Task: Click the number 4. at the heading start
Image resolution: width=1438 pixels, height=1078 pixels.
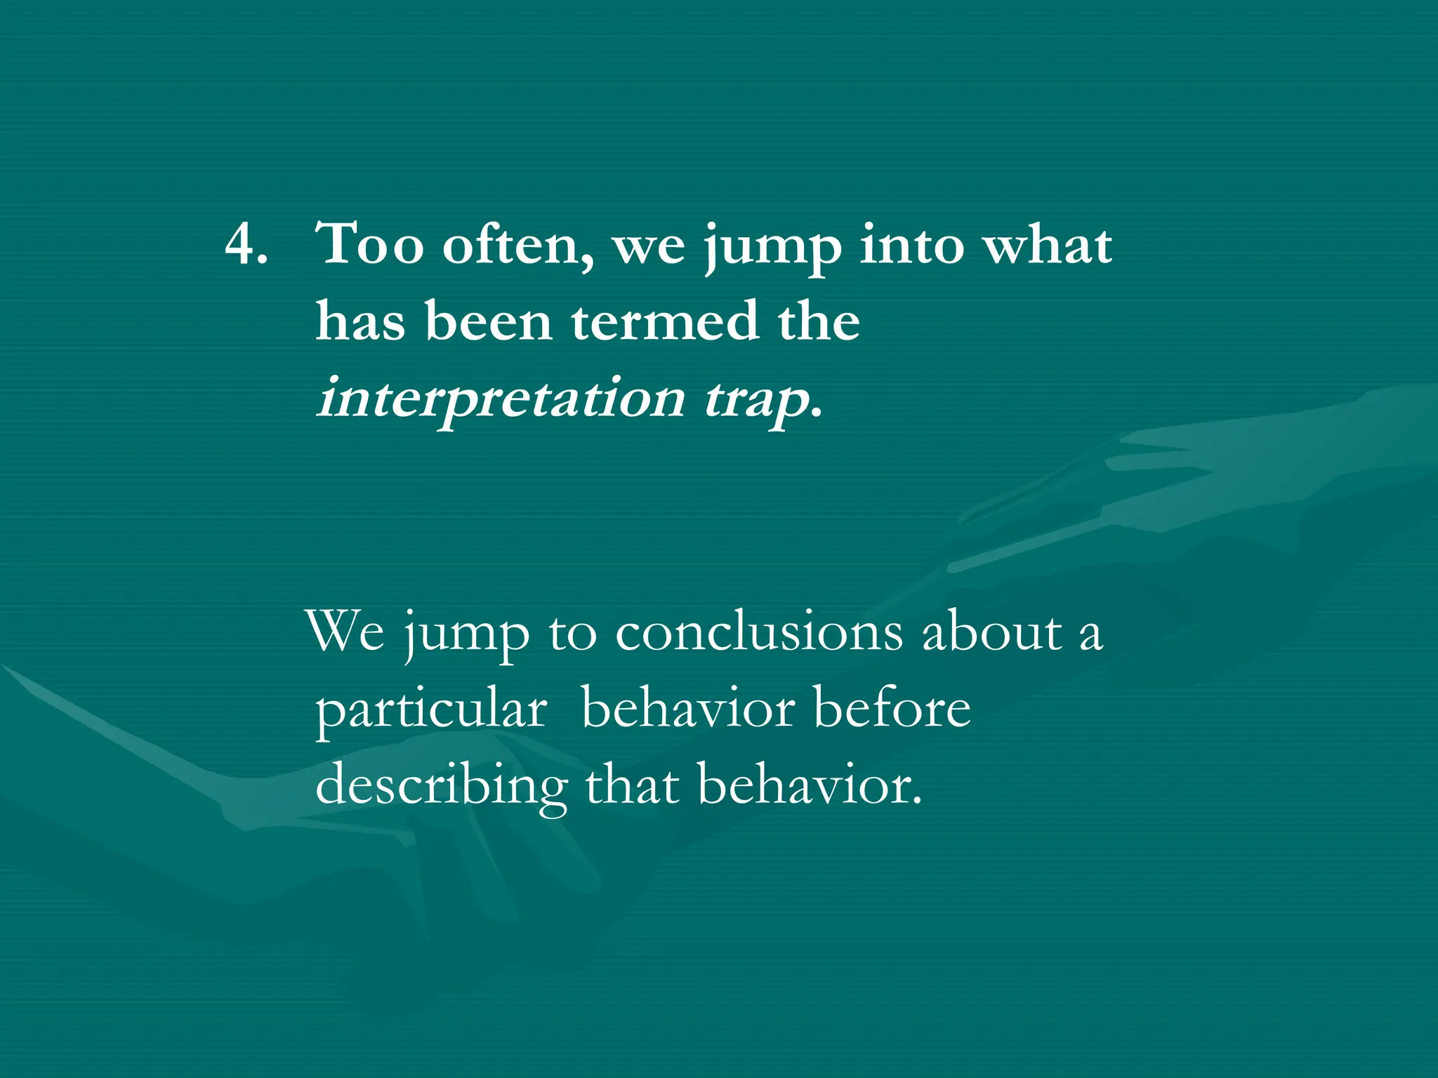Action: click(246, 246)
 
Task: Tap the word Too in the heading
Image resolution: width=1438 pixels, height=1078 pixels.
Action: click(370, 244)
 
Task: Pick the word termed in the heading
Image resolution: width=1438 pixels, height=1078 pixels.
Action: click(665, 321)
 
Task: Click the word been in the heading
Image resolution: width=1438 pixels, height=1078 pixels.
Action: click(488, 321)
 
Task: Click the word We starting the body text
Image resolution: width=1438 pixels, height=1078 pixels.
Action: click(346, 632)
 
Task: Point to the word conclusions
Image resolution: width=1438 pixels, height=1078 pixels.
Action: click(758, 633)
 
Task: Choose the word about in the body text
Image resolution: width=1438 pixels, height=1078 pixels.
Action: click(991, 633)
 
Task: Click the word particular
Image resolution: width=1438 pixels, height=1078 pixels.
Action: click(431, 710)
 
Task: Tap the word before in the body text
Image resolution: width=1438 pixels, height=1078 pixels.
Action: click(892, 709)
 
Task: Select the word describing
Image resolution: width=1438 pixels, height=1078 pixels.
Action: click(441, 786)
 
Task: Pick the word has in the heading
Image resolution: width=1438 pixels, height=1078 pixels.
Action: click(360, 321)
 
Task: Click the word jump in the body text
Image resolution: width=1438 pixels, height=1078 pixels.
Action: click(467, 635)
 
